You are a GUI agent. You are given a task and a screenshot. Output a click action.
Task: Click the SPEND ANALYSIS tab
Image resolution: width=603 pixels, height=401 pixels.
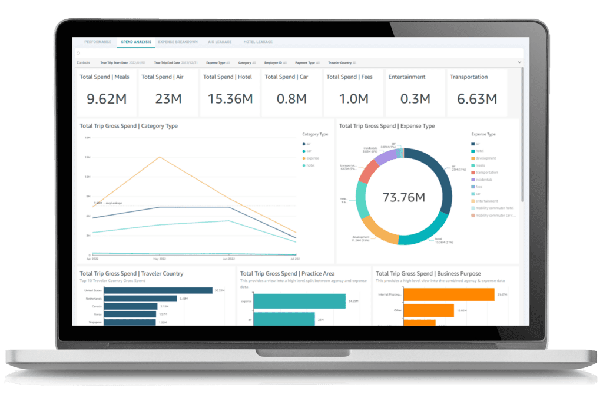(x=135, y=42)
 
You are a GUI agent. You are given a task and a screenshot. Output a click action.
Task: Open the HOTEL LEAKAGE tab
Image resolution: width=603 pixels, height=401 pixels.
(x=257, y=42)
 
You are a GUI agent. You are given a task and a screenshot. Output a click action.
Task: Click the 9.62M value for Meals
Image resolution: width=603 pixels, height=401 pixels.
(x=107, y=99)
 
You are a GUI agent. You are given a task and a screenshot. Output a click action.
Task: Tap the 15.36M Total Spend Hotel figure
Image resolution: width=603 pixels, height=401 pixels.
(x=230, y=99)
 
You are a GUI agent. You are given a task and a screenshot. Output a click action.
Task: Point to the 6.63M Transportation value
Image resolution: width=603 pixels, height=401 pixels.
(x=476, y=99)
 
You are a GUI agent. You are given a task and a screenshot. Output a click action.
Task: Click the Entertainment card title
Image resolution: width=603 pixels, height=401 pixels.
(x=407, y=77)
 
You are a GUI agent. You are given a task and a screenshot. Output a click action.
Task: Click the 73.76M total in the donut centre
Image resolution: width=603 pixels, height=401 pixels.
(x=403, y=197)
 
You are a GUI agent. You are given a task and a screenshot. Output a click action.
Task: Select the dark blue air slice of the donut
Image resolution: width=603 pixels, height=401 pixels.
(x=440, y=183)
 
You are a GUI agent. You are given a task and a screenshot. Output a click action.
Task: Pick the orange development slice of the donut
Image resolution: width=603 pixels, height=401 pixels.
(x=379, y=230)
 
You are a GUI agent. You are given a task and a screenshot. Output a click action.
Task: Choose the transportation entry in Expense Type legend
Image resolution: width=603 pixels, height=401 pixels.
(x=486, y=173)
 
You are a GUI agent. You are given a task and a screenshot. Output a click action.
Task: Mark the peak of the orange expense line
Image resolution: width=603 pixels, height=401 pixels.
(x=159, y=157)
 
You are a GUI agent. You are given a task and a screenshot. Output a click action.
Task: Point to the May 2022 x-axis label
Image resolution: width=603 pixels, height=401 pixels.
(x=159, y=259)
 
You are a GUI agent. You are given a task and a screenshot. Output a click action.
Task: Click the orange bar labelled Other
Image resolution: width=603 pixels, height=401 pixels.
(x=429, y=310)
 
